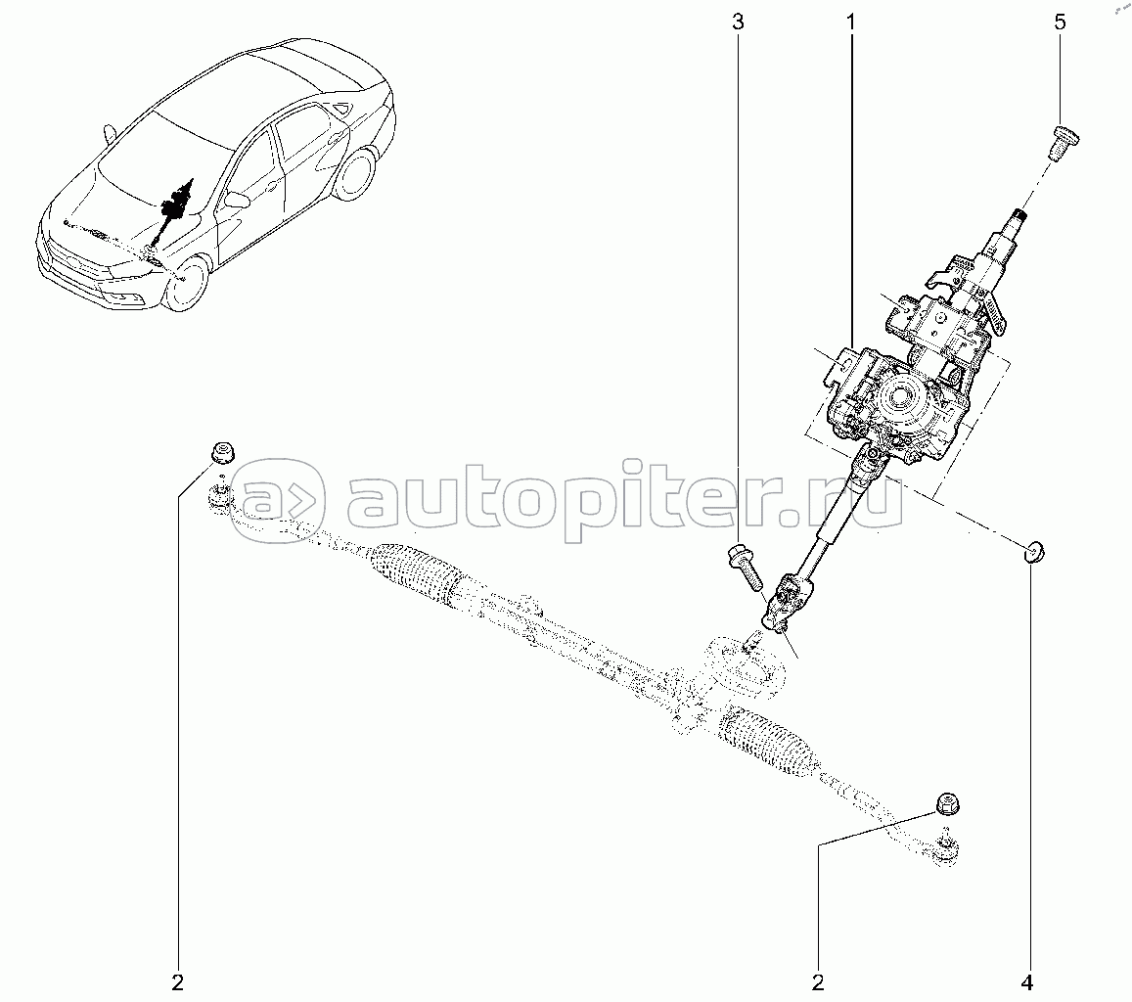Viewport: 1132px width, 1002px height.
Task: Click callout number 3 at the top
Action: pyautogui.click(x=737, y=22)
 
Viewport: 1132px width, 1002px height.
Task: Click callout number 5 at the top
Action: pyautogui.click(x=1060, y=22)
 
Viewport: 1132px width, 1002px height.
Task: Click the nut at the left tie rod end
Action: pyautogui.click(x=223, y=453)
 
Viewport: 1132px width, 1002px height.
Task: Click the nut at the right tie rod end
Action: pyautogui.click(x=944, y=802)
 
